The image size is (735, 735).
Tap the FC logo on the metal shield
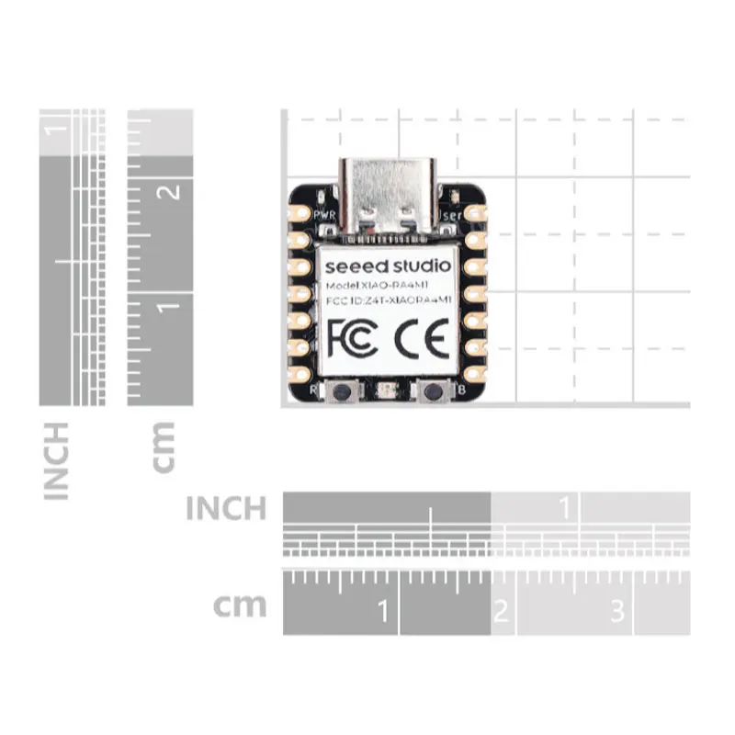point(351,337)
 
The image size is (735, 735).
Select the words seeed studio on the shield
point(388,266)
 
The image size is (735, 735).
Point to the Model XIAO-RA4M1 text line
point(387,287)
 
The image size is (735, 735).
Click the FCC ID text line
point(388,301)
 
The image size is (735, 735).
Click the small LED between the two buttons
point(387,391)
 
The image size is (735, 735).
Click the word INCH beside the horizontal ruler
point(226,508)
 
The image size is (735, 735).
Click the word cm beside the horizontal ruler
point(240,605)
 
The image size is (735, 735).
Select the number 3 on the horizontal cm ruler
point(617,609)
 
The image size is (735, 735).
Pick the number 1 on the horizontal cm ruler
point(381,609)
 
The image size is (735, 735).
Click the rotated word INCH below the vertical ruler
point(57,460)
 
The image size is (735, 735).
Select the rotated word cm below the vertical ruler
point(162,447)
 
